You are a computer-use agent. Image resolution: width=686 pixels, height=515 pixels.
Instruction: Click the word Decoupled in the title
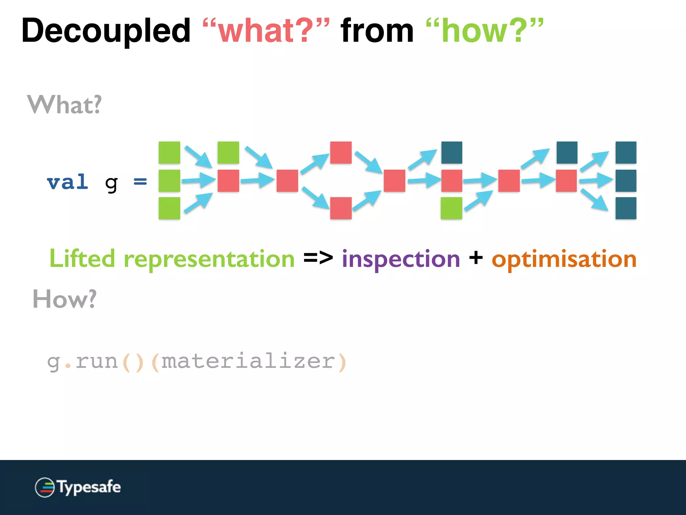pyautogui.click(x=106, y=31)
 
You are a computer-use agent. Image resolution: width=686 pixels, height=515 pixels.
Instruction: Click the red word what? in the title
pyautogui.click(x=266, y=31)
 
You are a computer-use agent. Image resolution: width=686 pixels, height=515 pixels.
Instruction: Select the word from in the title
pyautogui.click(x=377, y=31)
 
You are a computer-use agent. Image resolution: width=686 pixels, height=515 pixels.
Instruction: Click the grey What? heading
pyautogui.click(x=64, y=105)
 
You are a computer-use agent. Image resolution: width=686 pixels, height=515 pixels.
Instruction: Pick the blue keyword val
pyautogui.click(x=68, y=182)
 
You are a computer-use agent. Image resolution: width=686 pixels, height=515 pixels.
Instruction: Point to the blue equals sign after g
pyautogui.click(x=140, y=181)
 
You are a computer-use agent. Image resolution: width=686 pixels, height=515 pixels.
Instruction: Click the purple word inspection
pyautogui.click(x=401, y=259)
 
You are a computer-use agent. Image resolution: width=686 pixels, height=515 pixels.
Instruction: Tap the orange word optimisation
pyautogui.click(x=564, y=259)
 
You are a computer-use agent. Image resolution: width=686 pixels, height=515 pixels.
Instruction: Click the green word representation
pyautogui.click(x=209, y=259)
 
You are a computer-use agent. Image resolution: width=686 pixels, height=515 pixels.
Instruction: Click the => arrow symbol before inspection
pyautogui.click(x=318, y=257)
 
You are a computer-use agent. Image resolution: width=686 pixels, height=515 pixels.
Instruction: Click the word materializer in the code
pyautogui.click(x=248, y=361)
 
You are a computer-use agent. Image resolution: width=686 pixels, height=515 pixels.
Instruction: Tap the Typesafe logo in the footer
pyautogui.click(x=78, y=487)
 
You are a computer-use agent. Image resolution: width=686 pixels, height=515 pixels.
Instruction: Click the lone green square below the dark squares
pyautogui.click(x=451, y=208)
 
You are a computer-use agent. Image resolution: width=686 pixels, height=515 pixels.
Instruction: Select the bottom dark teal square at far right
pyautogui.click(x=626, y=208)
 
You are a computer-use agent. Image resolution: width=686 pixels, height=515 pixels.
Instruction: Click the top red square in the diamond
pyautogui.click(x=341, y=153)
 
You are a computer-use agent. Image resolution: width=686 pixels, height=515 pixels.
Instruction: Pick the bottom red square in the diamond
pyautogui.click(x=341, y=208)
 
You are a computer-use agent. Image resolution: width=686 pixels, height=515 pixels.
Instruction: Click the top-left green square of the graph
pyautogui.click(x=169, y=153)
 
